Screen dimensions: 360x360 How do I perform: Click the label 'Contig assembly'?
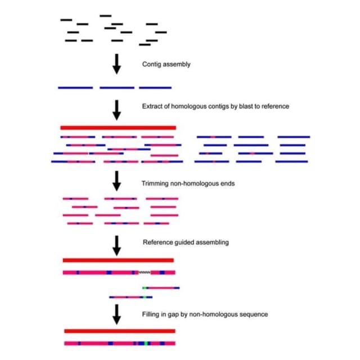[x=166, y=64]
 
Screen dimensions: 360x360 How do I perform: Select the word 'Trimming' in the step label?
[x=155, y=184]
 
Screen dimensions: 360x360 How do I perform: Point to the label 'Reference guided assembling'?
[x=186, y=242]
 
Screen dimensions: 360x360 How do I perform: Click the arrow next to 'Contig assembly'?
[x=116, y=64]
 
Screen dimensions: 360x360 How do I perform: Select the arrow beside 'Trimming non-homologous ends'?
[x=116, y=181]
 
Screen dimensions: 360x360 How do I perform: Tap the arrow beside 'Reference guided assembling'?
[x=116, y=246]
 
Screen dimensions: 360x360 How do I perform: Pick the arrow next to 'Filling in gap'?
[x=116, y=314]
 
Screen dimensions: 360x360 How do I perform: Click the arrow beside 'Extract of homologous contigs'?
[x=116, y=110]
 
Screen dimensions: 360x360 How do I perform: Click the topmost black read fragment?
[x=106, y=16]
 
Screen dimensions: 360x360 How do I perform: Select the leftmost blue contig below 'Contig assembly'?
[x=75, y=88]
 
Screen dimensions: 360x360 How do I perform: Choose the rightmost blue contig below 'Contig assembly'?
[x=155, y=88]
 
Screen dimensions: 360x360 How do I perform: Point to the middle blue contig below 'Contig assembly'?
[x=117, y=88]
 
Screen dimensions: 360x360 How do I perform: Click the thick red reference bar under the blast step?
[x=118, y=128]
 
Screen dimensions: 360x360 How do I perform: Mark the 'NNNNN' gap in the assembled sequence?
[x=145, y=272]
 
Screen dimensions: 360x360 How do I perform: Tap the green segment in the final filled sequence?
[x=146, y=344]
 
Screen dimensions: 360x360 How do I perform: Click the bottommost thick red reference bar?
[x=120, y=331]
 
